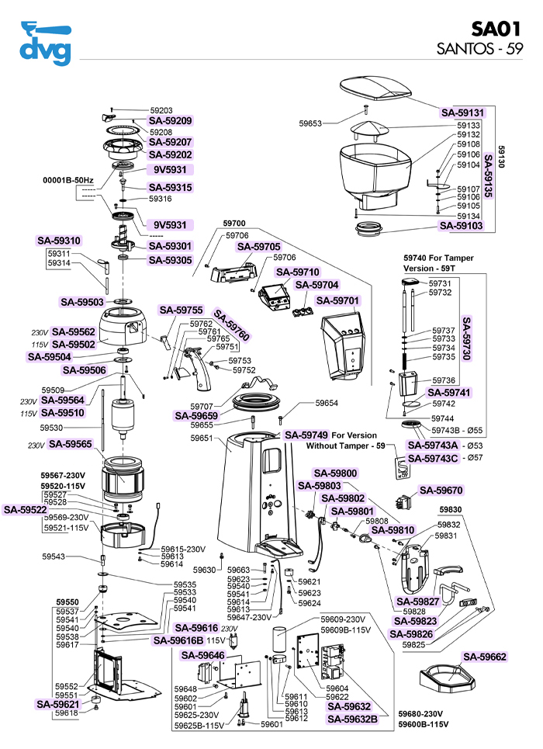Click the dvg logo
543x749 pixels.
tap(45, 44)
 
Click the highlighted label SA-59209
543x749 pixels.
tap(170, 121)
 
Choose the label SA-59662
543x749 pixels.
tap(485, 657)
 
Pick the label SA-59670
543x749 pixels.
tap(441, 491)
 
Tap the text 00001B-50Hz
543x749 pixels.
tap(67, 180)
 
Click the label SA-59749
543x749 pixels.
tap(306, 435)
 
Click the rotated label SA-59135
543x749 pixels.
tap(489, 178)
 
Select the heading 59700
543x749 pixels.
tap(234, 223)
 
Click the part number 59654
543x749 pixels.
tap(327, 404)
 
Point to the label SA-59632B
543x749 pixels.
tap(352, 719)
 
